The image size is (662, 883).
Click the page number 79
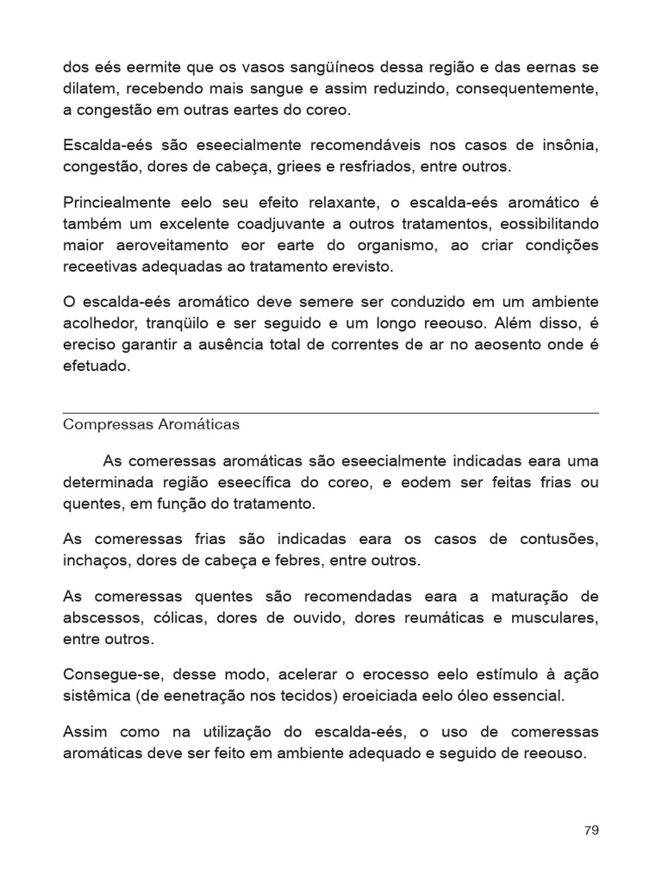pos(590,830)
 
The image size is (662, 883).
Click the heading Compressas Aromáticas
pos(151,425)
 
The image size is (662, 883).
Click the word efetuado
pos(96,365)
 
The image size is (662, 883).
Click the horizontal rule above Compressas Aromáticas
pos(331,413)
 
